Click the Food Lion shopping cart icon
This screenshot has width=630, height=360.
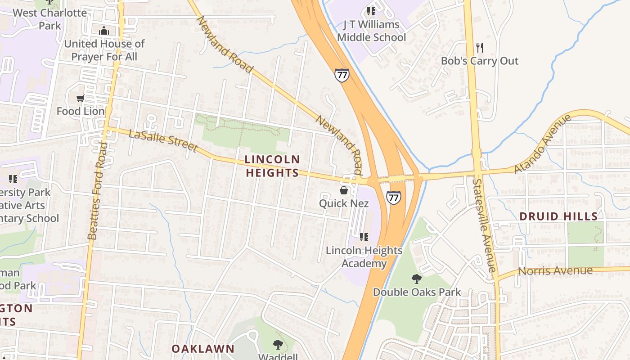(81, 98)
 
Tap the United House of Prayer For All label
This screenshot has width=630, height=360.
(104, 50)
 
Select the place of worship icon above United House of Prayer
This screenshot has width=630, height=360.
(104, 31)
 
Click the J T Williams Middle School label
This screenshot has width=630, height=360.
(371, 31)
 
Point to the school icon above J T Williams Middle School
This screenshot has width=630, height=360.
(371, 11)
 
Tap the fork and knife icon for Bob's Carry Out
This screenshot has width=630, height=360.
(480, 47)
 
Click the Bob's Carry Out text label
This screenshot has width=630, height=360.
(480, 61)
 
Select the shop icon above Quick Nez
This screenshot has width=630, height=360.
(344, 190)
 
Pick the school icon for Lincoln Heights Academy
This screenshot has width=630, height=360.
(364, 237)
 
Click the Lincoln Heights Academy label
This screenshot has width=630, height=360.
(364, 256)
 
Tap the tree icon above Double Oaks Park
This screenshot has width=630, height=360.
(417, 279)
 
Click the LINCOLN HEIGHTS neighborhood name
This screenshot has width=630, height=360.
(272, 166)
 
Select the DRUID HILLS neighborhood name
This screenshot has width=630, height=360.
(558, 216)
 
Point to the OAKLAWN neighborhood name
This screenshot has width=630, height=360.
(203, 348)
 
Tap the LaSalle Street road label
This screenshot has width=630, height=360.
(163, 140)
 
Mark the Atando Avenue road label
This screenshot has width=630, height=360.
(543, 144)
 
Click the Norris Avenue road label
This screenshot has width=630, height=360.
(555, 271)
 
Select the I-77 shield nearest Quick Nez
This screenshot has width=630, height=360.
(393, 198)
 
